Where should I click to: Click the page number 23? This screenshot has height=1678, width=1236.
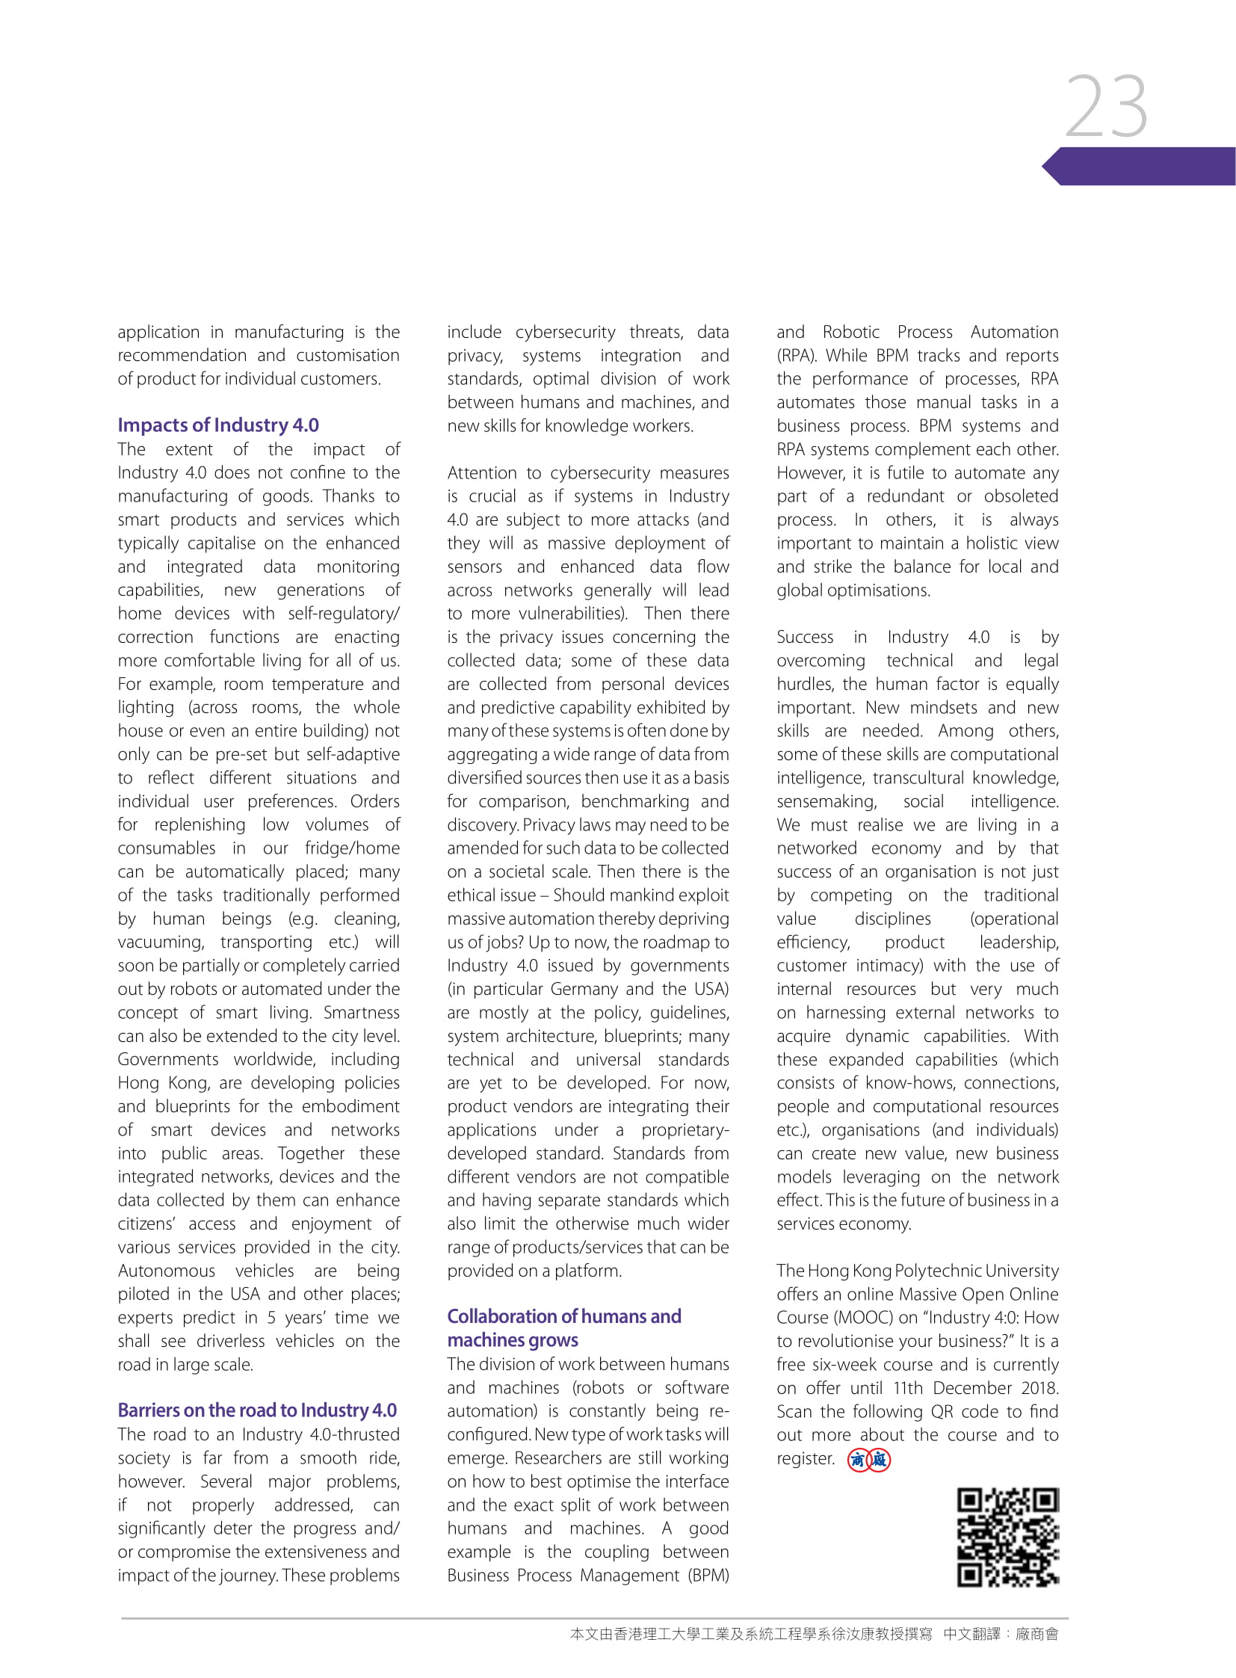coord(1106,106)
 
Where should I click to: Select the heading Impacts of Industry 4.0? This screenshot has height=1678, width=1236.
coord(217,425)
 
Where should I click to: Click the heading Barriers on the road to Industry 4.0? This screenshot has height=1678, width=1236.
coord(256,1410)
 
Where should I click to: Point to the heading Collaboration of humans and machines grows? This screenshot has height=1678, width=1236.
coord(563,1327)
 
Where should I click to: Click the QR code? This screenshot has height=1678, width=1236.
coord(1008,1537)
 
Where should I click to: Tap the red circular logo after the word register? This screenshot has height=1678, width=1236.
coord(868,1460)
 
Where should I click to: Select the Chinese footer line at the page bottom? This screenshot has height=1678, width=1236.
coord(813,1634)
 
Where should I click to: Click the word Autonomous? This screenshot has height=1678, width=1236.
coord(166,1271)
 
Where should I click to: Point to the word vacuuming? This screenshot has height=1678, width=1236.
coord(160,943)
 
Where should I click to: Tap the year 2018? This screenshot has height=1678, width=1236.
coord(1039,1388)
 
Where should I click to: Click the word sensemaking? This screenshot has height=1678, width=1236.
coord(826,801)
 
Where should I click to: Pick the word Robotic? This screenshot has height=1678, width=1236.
coord(850,333)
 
